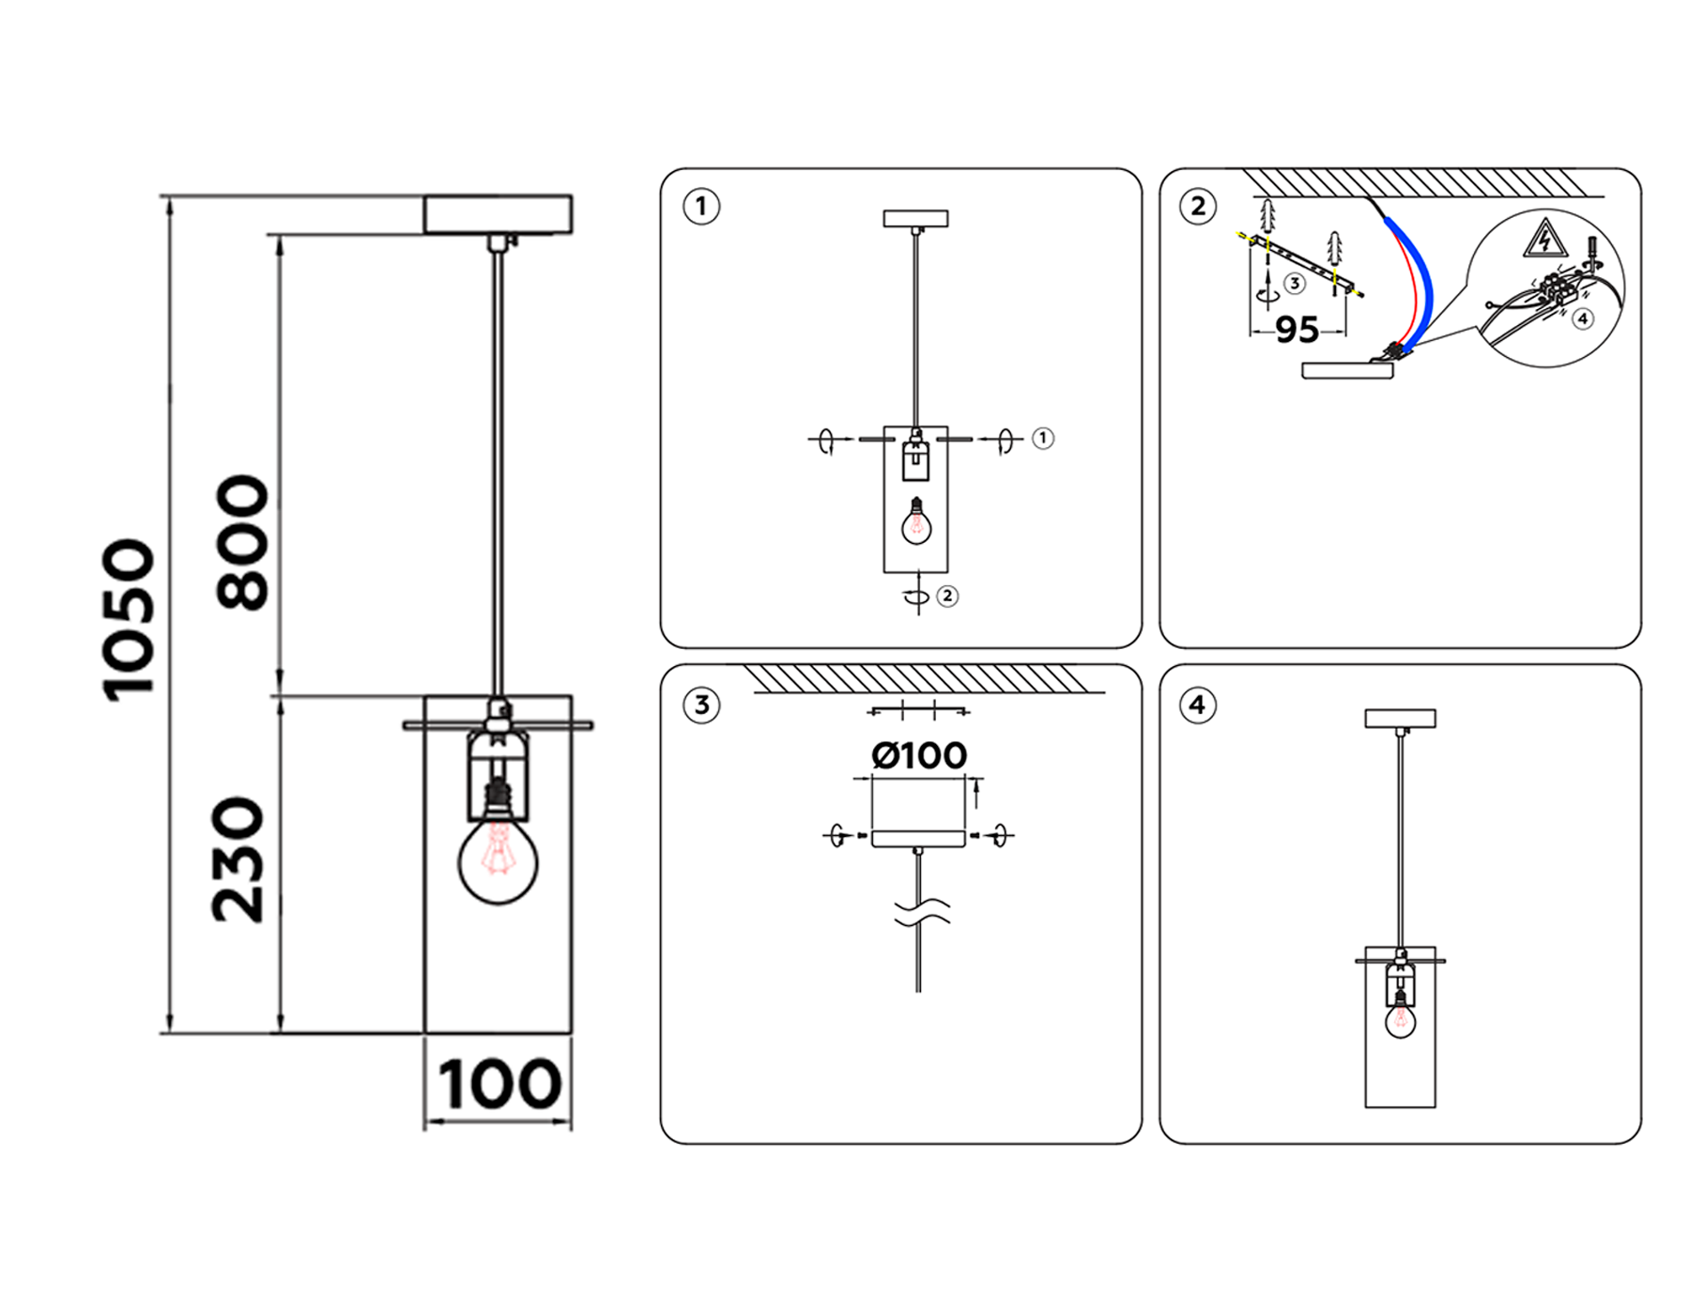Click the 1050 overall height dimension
[x=128, y=620]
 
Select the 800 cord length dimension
[x=242, y=543]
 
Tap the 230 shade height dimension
[x=238, y=860]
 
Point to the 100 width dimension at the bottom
[x=499, y=1084]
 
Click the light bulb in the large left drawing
[x=498, y=851]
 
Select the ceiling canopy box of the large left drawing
[x=498, y=214]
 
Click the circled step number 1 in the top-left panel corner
[x=700, y=206]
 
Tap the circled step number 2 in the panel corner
[x=1198, y=206]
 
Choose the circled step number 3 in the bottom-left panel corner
[x=701, y=704]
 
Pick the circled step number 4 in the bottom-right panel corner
[x=1197, y=704]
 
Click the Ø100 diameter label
[x=919, y=755]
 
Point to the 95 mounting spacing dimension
[x=1297, y=329]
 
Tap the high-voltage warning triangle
[x=1544, y=239]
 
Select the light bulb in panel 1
[x=915, y=522]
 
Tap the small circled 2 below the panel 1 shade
[x=947, y=596]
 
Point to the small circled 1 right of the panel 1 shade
[x=1042, y=438]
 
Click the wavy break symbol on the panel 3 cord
[x=921, y=911]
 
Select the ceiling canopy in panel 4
[x=1400, y=719]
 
